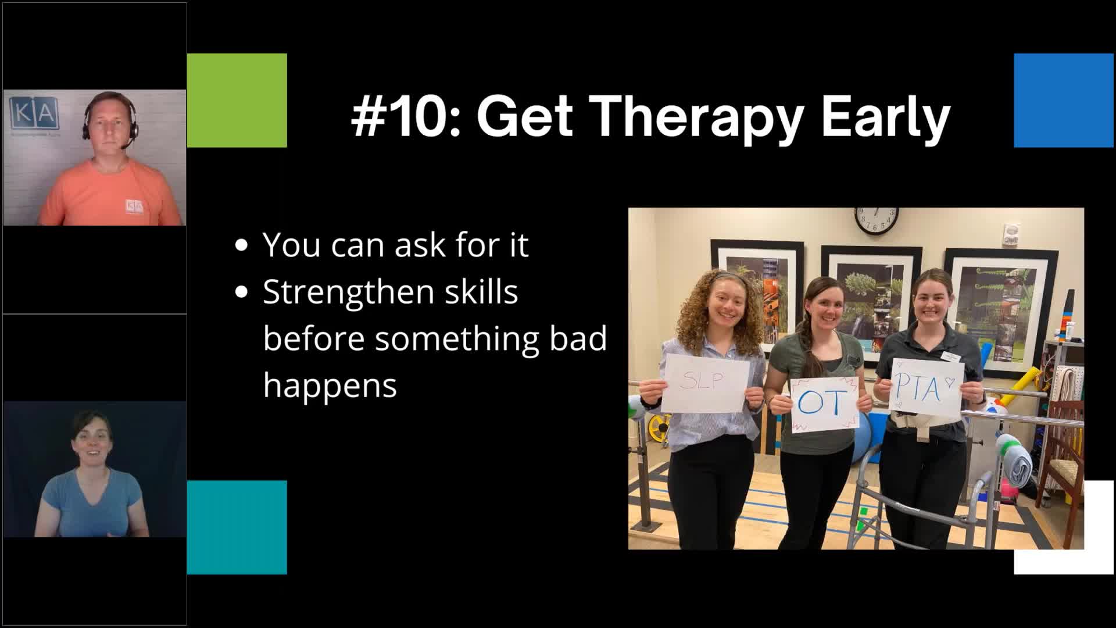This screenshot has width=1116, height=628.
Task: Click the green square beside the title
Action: coord(237,100)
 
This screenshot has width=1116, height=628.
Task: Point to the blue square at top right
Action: coord(1063,100)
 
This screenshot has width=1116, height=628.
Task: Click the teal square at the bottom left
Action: coord(237,527)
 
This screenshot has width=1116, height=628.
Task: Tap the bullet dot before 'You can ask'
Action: coord(241,245)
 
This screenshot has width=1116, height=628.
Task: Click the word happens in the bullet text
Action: coord(330,385)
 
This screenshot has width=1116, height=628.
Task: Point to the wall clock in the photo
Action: coord(876,220)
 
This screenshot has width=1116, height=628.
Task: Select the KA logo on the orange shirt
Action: coord(134,206)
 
